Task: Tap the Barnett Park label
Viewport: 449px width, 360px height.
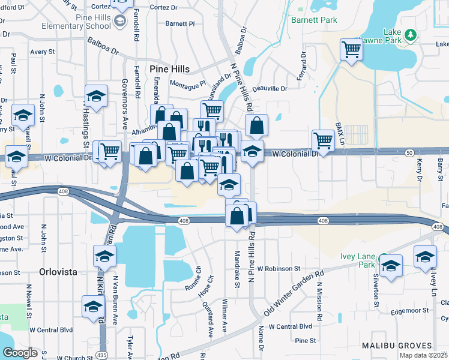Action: click(314, 20)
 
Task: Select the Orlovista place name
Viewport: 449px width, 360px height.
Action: click(58, 271)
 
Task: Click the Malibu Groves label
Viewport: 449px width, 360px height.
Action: click(397, 346)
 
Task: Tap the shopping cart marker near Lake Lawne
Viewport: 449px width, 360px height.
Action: click(351, 50)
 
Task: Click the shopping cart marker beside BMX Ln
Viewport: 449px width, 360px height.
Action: click(323, 140)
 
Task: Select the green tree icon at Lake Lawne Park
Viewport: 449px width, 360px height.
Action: click(410, 35)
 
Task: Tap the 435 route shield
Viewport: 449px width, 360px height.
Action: click(101, 355)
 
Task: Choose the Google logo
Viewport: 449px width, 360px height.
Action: click(20, 353)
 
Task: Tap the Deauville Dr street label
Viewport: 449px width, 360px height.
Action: click(269, 89)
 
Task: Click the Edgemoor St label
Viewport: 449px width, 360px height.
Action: click(408, 311)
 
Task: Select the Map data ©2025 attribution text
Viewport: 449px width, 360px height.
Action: click(423, 355)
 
